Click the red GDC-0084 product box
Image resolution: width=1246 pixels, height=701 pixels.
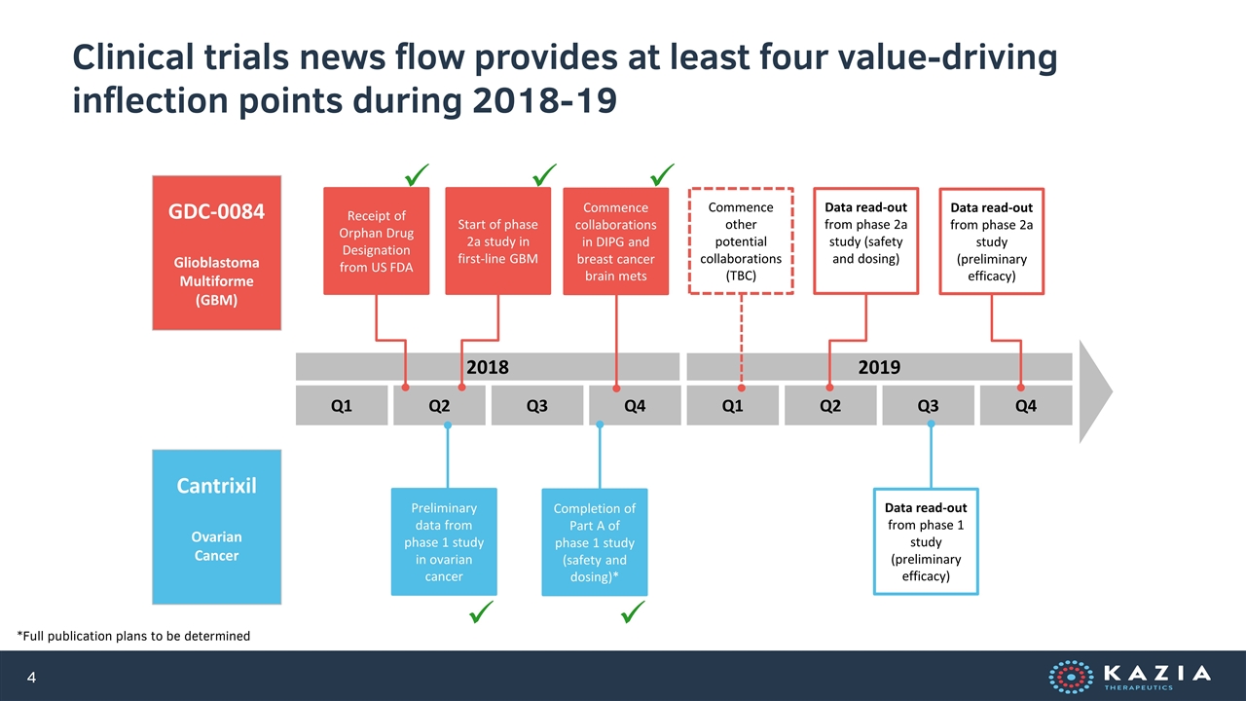[x=216, y=252]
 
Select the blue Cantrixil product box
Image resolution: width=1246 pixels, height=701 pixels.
[x=216, y=527]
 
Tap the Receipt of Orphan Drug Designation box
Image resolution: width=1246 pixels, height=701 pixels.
[x=376, y=240]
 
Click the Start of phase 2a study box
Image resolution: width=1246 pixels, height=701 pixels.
[x=497, y=240]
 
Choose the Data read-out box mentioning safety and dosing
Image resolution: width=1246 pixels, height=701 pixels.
[x=865, y=240]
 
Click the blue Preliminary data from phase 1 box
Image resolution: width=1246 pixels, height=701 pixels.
[x=444, y=541]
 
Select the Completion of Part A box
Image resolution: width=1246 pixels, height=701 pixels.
[x=595, y=542]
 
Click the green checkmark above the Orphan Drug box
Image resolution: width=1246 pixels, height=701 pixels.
[x=417, y=174]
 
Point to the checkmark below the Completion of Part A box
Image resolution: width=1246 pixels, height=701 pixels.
[x=633, y=612]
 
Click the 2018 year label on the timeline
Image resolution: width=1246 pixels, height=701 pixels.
[x=488, y=367]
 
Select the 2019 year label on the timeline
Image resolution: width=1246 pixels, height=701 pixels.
[x=879, y=367]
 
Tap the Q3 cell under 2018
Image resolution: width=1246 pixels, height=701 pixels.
[x=536, y=406]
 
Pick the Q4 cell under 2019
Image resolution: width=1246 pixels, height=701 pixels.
[x=1026, y=406]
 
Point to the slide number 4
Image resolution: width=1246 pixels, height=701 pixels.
[x=32, y=677]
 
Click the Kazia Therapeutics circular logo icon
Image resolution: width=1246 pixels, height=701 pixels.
[x=1071, y=677]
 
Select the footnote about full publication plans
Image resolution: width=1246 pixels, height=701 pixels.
[x=133, y=636]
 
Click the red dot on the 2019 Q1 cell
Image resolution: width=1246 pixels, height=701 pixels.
[x=742, y=387]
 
